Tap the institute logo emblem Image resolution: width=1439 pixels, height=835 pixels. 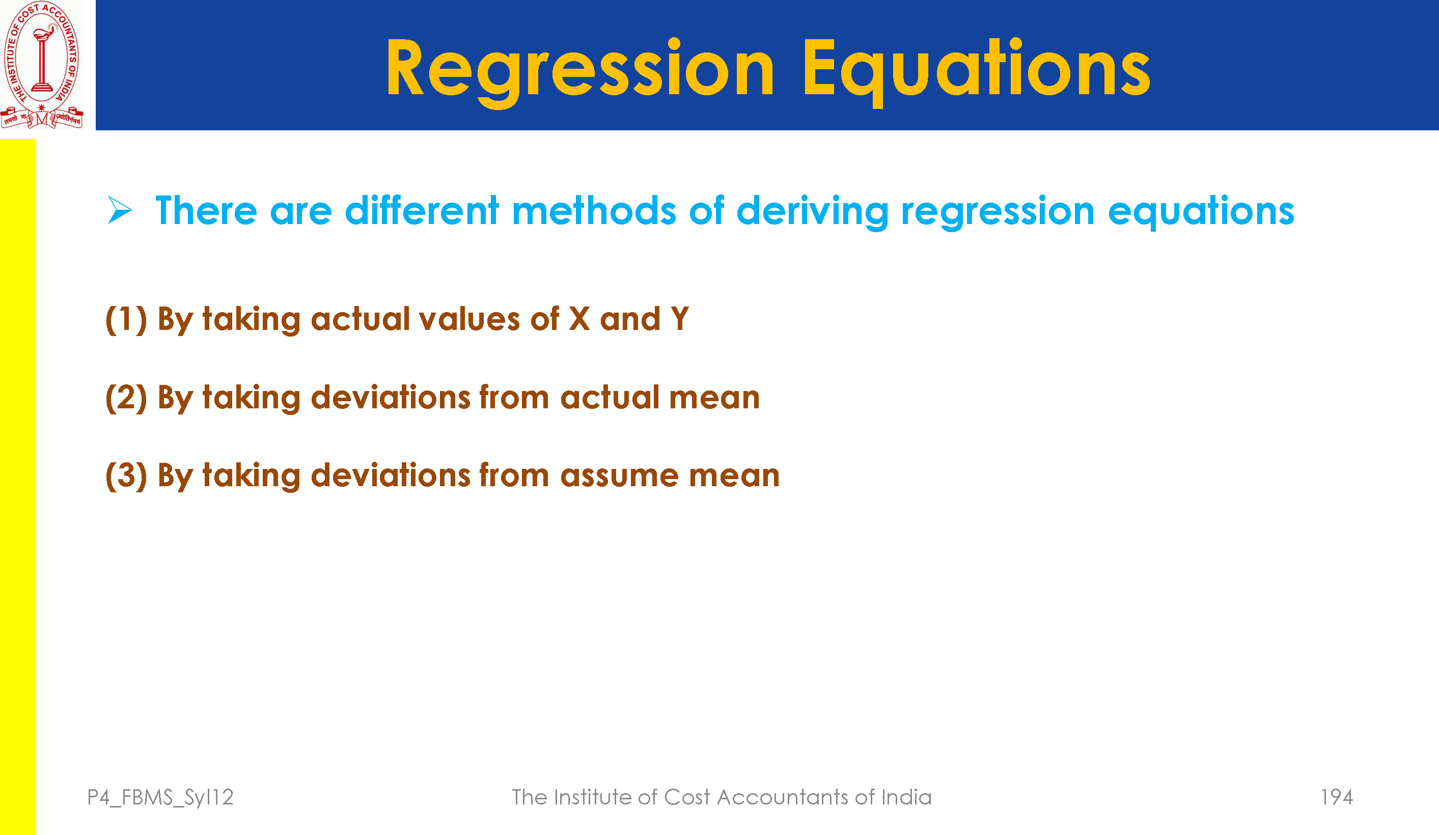[42, 65]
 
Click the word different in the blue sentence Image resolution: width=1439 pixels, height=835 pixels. [422, 210]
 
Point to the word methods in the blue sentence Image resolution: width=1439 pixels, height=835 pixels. [594, 210]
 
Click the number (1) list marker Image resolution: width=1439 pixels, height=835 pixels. [126, 319]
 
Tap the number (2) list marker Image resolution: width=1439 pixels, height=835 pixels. [126, 398]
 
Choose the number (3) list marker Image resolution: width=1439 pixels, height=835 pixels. [126, 475]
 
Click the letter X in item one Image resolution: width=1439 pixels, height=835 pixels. [579, 319]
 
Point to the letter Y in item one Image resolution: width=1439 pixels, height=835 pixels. [679, 319]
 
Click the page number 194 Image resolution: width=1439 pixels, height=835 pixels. [1336, 797]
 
